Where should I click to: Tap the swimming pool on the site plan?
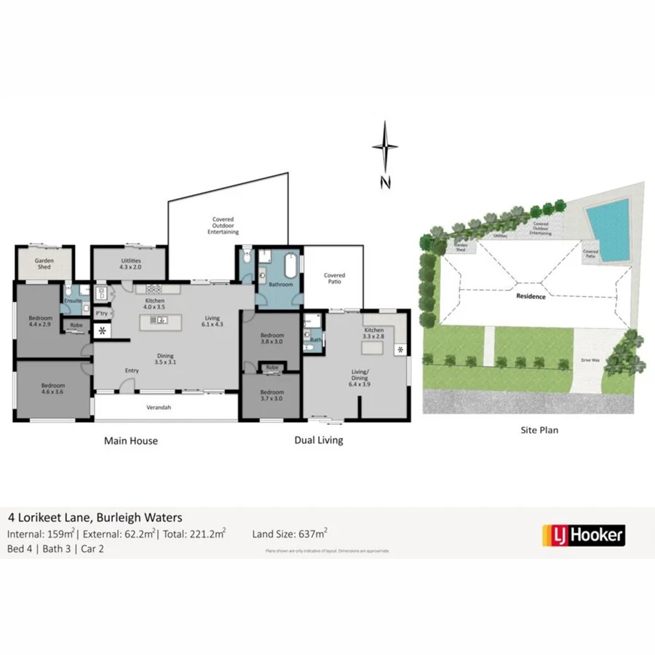click(x=608, y=228)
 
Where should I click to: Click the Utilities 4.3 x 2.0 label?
click(x=131, y=263)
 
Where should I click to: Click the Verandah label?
click(x=158, y=408)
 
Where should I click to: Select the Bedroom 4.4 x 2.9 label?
click(x=41, y=321)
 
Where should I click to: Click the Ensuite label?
click(x=73, y=301)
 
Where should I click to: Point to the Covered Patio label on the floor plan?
click(x=334, y=279)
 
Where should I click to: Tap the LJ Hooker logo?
click(x=583, y=535)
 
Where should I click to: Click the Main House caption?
click(x=131, y=440)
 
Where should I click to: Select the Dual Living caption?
click(x=318, y=440)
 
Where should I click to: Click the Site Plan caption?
click(x=540, y=430)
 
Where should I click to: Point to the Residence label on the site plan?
click(x=531, y=296)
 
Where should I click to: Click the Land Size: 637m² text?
click(x=290, y=533)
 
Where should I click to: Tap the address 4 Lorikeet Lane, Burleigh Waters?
click(x=95, y=517)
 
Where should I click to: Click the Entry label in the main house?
click(x=131, y=371)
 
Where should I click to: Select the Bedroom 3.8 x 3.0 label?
click(x=271, y=338)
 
